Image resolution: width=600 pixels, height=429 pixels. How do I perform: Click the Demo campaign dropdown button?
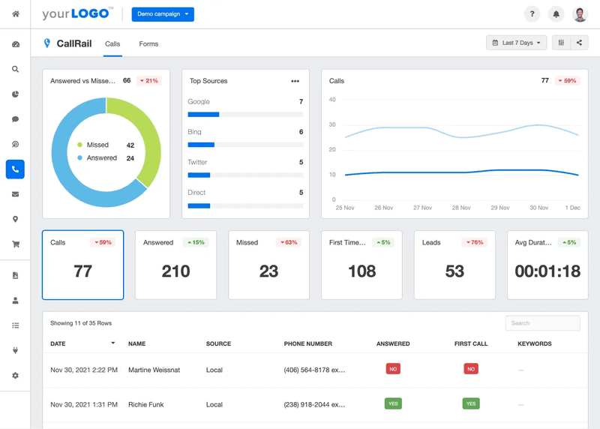[x=163, y=14]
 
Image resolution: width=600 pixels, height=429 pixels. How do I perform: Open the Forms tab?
[x=148, y=44]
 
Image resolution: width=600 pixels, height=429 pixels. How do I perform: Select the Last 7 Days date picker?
[x=516, y=43]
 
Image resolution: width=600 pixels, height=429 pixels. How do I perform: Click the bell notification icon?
[x=556, y=14]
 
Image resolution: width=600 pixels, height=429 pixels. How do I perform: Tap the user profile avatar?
[x=580, y=14]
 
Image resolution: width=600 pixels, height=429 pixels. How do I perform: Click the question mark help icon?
[x=531, y=14]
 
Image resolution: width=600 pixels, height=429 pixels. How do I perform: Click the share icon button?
[x=579, y=43]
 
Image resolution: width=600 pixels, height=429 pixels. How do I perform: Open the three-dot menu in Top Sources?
[x=295, y=81]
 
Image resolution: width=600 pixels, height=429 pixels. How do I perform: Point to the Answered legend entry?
[x=101, y=158]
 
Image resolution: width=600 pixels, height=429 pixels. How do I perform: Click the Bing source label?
[x=194, y=132]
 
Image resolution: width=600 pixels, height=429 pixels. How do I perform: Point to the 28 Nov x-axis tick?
[x=460, y=208]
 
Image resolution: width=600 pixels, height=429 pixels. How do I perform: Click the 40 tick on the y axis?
[x=332, y=99]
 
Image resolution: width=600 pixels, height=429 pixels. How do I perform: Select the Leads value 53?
[x=454, y=271]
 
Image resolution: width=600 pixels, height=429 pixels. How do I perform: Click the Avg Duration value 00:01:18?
[x=547, y=271]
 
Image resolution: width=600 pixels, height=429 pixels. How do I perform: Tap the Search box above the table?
[x=542, y=323]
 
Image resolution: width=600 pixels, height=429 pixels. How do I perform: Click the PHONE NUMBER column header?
[x=307, y=344]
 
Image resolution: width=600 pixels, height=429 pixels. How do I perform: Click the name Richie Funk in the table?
[x=146, y=404]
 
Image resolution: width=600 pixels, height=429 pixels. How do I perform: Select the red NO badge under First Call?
[x=471, y=369]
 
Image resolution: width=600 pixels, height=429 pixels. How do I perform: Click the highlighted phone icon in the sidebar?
[x=15, y=169]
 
